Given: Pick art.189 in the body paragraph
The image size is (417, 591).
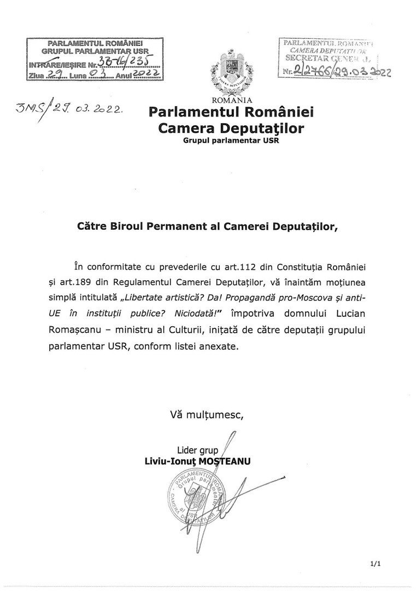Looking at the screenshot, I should [x=98, y=281].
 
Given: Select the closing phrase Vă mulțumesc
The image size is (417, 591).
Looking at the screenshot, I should [x=207, y=415].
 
